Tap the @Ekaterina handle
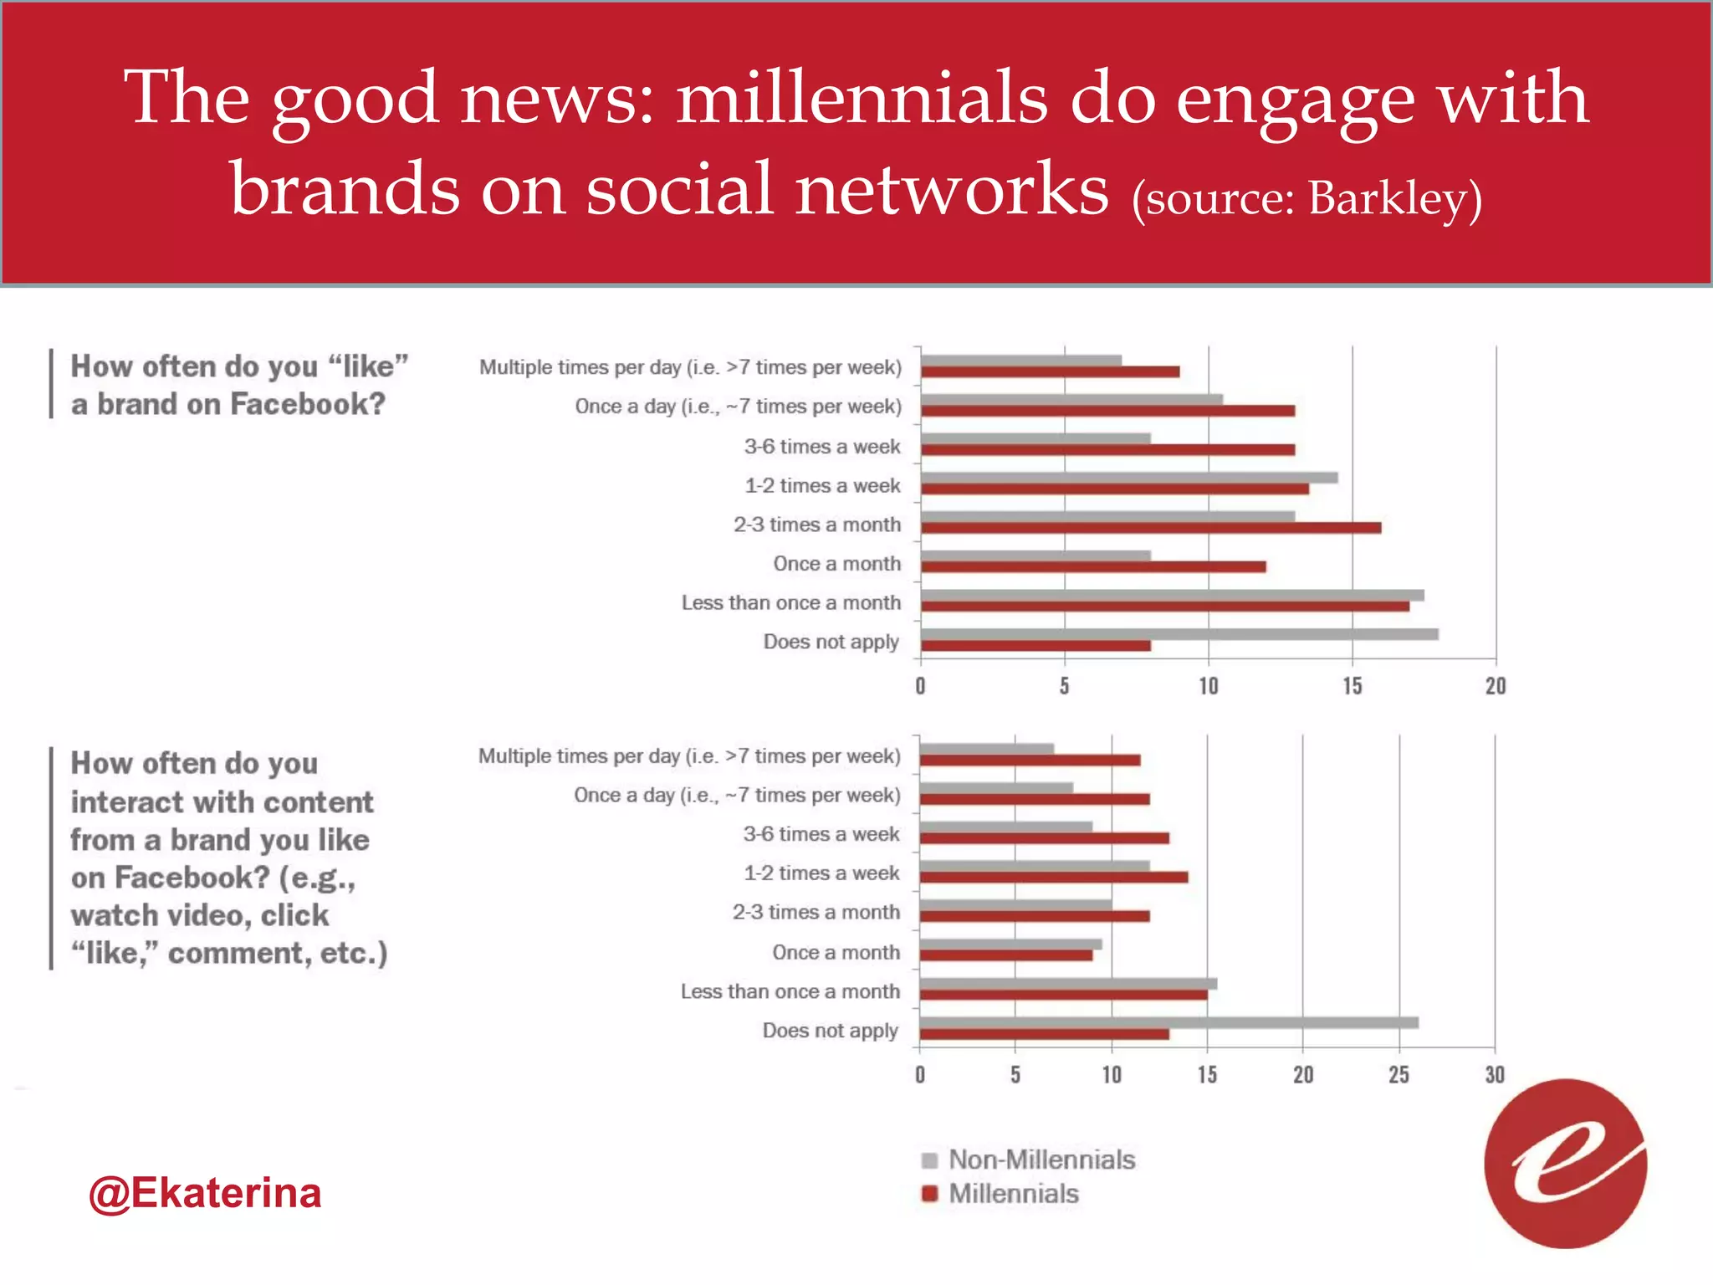[x=205, y=1192]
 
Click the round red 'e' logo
[x=1565, y=1164]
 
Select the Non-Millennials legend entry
[x=1041, y=1160]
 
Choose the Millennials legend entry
[x=1013, y=1194]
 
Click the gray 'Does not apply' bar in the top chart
[x=1179, y=634]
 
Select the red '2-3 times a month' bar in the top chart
[x=1151, y=528]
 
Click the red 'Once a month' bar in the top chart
[x=1093, y=567]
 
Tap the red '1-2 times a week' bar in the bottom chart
[x=1054, y=878]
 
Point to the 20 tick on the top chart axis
[x=1496, y=687]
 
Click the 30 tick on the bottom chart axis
[x=1495, y=1075]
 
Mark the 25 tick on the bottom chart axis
[x=1399, y=1075]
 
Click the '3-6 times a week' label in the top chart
[x=822, y=447]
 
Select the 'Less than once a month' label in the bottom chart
[x=790, y=991]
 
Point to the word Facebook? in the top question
[x=308, y=404]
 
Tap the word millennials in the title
[x=862, y=98]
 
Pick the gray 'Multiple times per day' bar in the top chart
[x=1021, y=361]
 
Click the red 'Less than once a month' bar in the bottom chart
[x=1063, y=995]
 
